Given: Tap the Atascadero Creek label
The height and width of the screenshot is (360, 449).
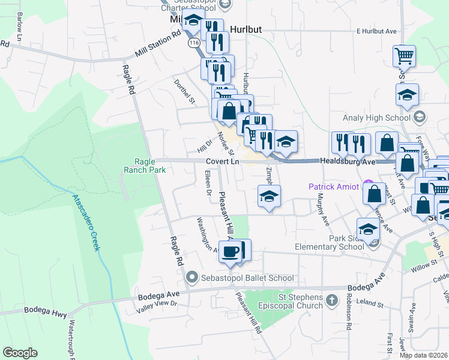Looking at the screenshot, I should (85, 223).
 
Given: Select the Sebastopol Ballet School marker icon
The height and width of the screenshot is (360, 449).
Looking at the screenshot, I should (193, 278).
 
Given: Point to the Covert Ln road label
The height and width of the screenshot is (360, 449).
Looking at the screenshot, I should (222, 162).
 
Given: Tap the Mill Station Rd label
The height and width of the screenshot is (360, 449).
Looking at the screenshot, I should (158, 44).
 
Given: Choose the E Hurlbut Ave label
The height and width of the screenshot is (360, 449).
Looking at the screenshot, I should (377, 31).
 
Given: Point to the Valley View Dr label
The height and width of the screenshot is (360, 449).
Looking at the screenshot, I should (157, 304).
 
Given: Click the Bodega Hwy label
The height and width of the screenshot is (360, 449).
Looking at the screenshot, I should (41, 310).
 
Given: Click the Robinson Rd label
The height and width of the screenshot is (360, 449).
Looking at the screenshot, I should (348, 312).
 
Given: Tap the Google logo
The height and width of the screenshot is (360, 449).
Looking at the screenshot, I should (20, 352).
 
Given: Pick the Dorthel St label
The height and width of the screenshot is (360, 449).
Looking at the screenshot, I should (185, 91).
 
